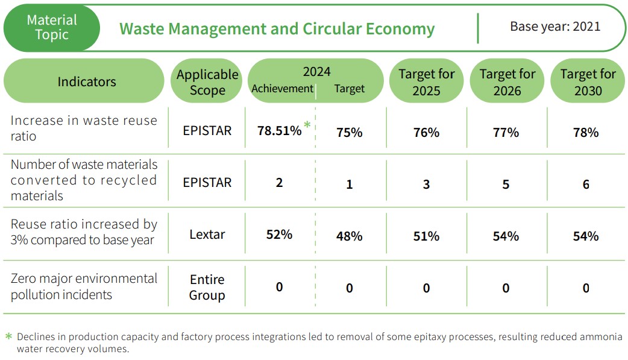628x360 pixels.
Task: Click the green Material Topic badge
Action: pyautogui.click(x=52, y=28)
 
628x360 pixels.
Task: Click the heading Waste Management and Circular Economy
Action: pyautogui.click(x=277, y=29)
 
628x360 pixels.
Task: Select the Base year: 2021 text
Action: pyautogui.click(x=555, y=27)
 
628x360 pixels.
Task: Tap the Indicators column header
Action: pyautogui.click(x=86, y=81)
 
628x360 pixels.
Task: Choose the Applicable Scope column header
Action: pyautogui.click(x=207, y=82)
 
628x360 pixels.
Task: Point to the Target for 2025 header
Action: pyautogui.click(x=426, y=82)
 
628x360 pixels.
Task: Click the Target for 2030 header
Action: pyautogui.click(x=588, y=82)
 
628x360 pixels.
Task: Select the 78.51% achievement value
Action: pyautogui.click(x=279, y=131)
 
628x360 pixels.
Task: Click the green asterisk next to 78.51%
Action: pyautogui.click(x=307, y=125)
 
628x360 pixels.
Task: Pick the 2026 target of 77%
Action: pyautogui.click(x=506, y=132)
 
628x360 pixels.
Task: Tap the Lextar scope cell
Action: pyautogui.click(x=207, y=234)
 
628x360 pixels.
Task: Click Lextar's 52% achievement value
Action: pyautogui.click(x=279, y=234)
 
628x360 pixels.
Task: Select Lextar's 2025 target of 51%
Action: pyautogui.click(x=426, y=236)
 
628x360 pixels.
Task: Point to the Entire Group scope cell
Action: pyautogui.click(x=207, y=287)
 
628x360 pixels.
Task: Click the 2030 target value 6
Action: pyautogui.click(x=586, y=185)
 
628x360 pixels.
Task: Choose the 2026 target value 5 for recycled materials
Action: pyautogui.click(x=506, y=185)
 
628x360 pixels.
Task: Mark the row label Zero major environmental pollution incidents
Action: pyautogui.click(x=84, y=286)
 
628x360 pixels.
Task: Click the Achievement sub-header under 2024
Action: pyautogui.click(x=282, y=89)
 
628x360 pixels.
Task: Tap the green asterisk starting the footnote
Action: pyautogui.click(x=8, y=336)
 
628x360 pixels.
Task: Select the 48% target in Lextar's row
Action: pyautogui.click(x=349, y=236)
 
